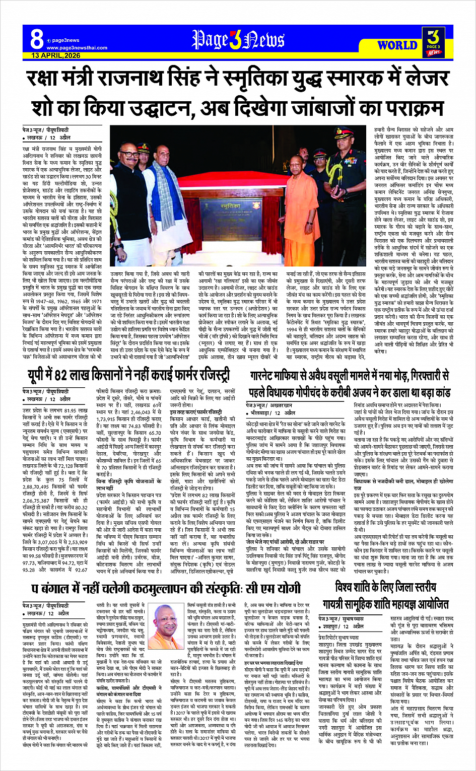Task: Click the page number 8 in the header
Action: [x=36, y=38]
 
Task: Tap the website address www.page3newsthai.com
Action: [x=77, y=48]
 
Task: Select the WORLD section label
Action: [x=397, y=45]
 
